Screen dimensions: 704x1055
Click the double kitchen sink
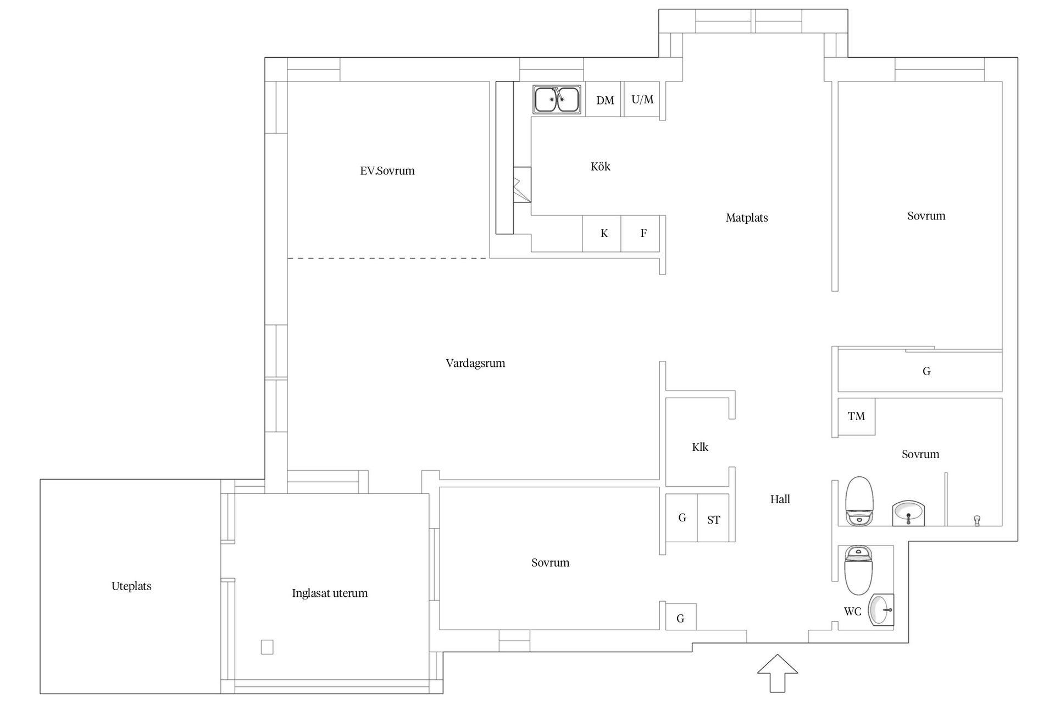click(557, 100)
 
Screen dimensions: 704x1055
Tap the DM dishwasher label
click(605, 100)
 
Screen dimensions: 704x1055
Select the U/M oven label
click(642, 100)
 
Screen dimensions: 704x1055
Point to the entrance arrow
click(777, 673)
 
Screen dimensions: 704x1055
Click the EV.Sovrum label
click(387, 170)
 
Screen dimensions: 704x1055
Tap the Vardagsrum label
click(475, 363)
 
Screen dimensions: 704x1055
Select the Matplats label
click(746, 218)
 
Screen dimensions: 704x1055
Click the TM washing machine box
click(856, 417)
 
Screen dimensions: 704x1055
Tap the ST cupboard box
click(713, 519)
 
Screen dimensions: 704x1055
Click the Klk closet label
click(699, 447)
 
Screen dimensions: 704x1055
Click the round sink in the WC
click(881, 610)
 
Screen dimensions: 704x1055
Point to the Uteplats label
click(131, 586)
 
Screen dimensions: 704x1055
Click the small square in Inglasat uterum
click(267, 647)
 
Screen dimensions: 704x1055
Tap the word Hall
click(780, 499)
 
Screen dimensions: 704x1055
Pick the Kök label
click(600, 167)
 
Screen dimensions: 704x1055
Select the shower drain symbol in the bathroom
click(976, 519)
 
